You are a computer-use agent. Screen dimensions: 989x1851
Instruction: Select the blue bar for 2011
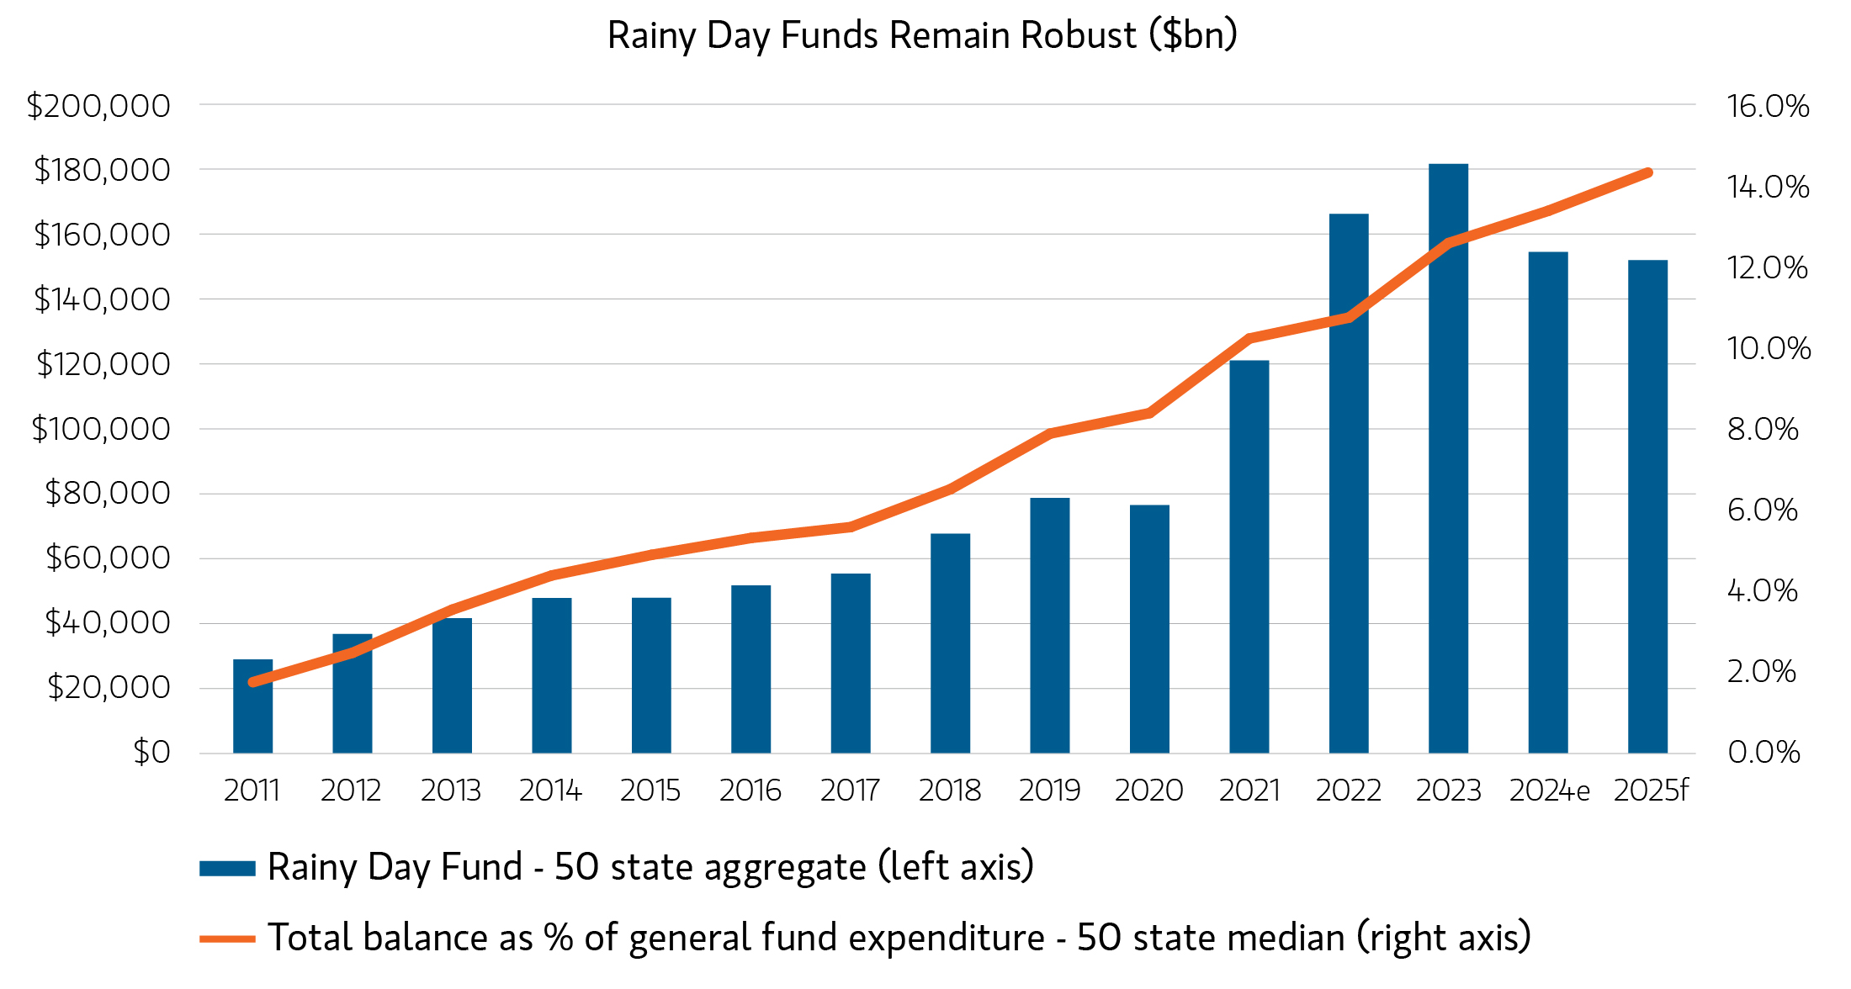tap(252, 706)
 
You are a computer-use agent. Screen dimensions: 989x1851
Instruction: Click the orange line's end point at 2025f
tap(1648, 173)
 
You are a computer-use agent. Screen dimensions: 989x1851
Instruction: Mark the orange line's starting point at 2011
tap(252, 682)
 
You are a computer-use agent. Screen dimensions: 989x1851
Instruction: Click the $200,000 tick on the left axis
tap(98, 106)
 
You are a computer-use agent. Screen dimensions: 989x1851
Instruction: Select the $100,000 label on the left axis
tap(101, 429)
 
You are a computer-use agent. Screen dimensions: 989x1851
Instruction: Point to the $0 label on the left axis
tap(152, 752)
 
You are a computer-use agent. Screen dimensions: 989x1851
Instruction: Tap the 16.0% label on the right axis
tap(1768, 106)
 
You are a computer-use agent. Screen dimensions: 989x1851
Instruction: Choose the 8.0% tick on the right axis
tap(1763, 429)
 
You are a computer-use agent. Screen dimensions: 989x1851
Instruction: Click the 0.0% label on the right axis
tap(1763, 752)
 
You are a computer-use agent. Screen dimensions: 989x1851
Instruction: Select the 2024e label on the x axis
tap(1549, 791)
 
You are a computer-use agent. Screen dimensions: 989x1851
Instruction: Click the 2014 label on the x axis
tap(551, 791)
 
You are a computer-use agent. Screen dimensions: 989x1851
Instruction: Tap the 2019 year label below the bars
tap(1049, 791)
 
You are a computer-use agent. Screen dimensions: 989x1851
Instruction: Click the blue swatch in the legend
tap(227, 869)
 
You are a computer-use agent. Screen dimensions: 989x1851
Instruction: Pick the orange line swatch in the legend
tap(227, 939)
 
